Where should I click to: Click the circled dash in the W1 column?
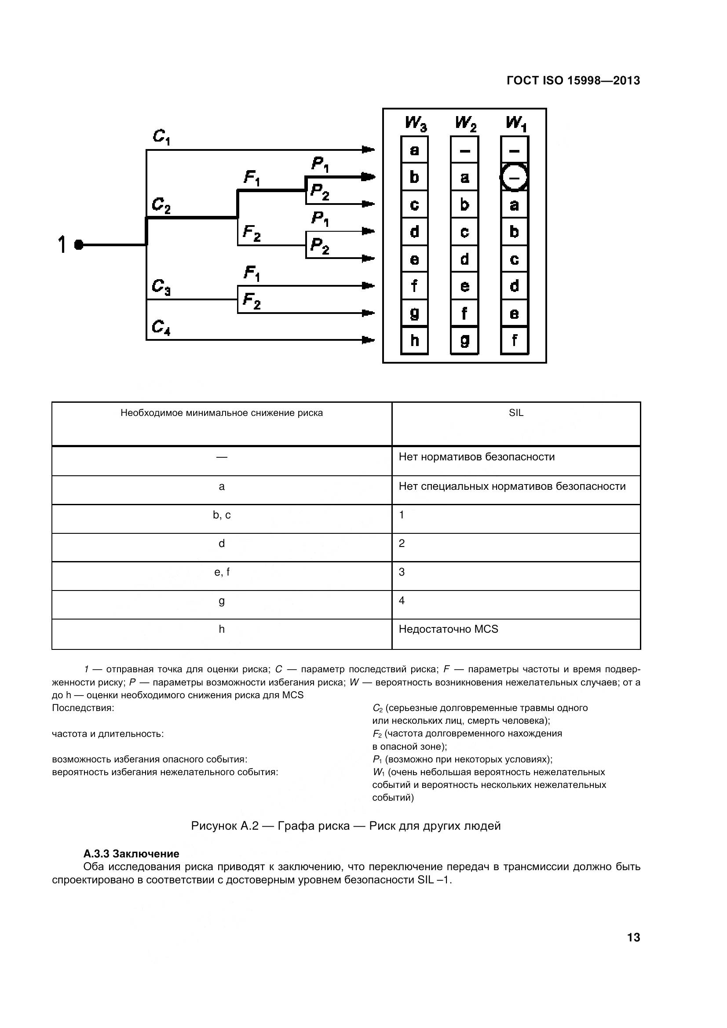(x=514, y=178)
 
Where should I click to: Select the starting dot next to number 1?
(x=79, y=245)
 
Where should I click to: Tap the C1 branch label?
(x=161, y=137)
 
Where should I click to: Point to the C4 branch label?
(x=161, y=327)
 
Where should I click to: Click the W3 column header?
(x=415, y=123)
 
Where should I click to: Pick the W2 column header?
(x=465, y=123)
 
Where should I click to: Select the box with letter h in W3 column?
(x=414, y=341)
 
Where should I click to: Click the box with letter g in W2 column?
(x=464, y=341)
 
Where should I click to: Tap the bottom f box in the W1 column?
(x=514, y=341)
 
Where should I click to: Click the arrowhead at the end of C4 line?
(x=368, y=340)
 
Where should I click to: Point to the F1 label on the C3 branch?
(x=252, y=273)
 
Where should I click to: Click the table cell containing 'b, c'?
(x=222, y=515)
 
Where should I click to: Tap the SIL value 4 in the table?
(x=402, y=601)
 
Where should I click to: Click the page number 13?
(x=633, y=937)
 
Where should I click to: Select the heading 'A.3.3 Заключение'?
(x=131, y=853)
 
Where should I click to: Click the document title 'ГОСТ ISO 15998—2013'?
(x=573, y=80)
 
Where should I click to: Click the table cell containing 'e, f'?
(x=222, y=572)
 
